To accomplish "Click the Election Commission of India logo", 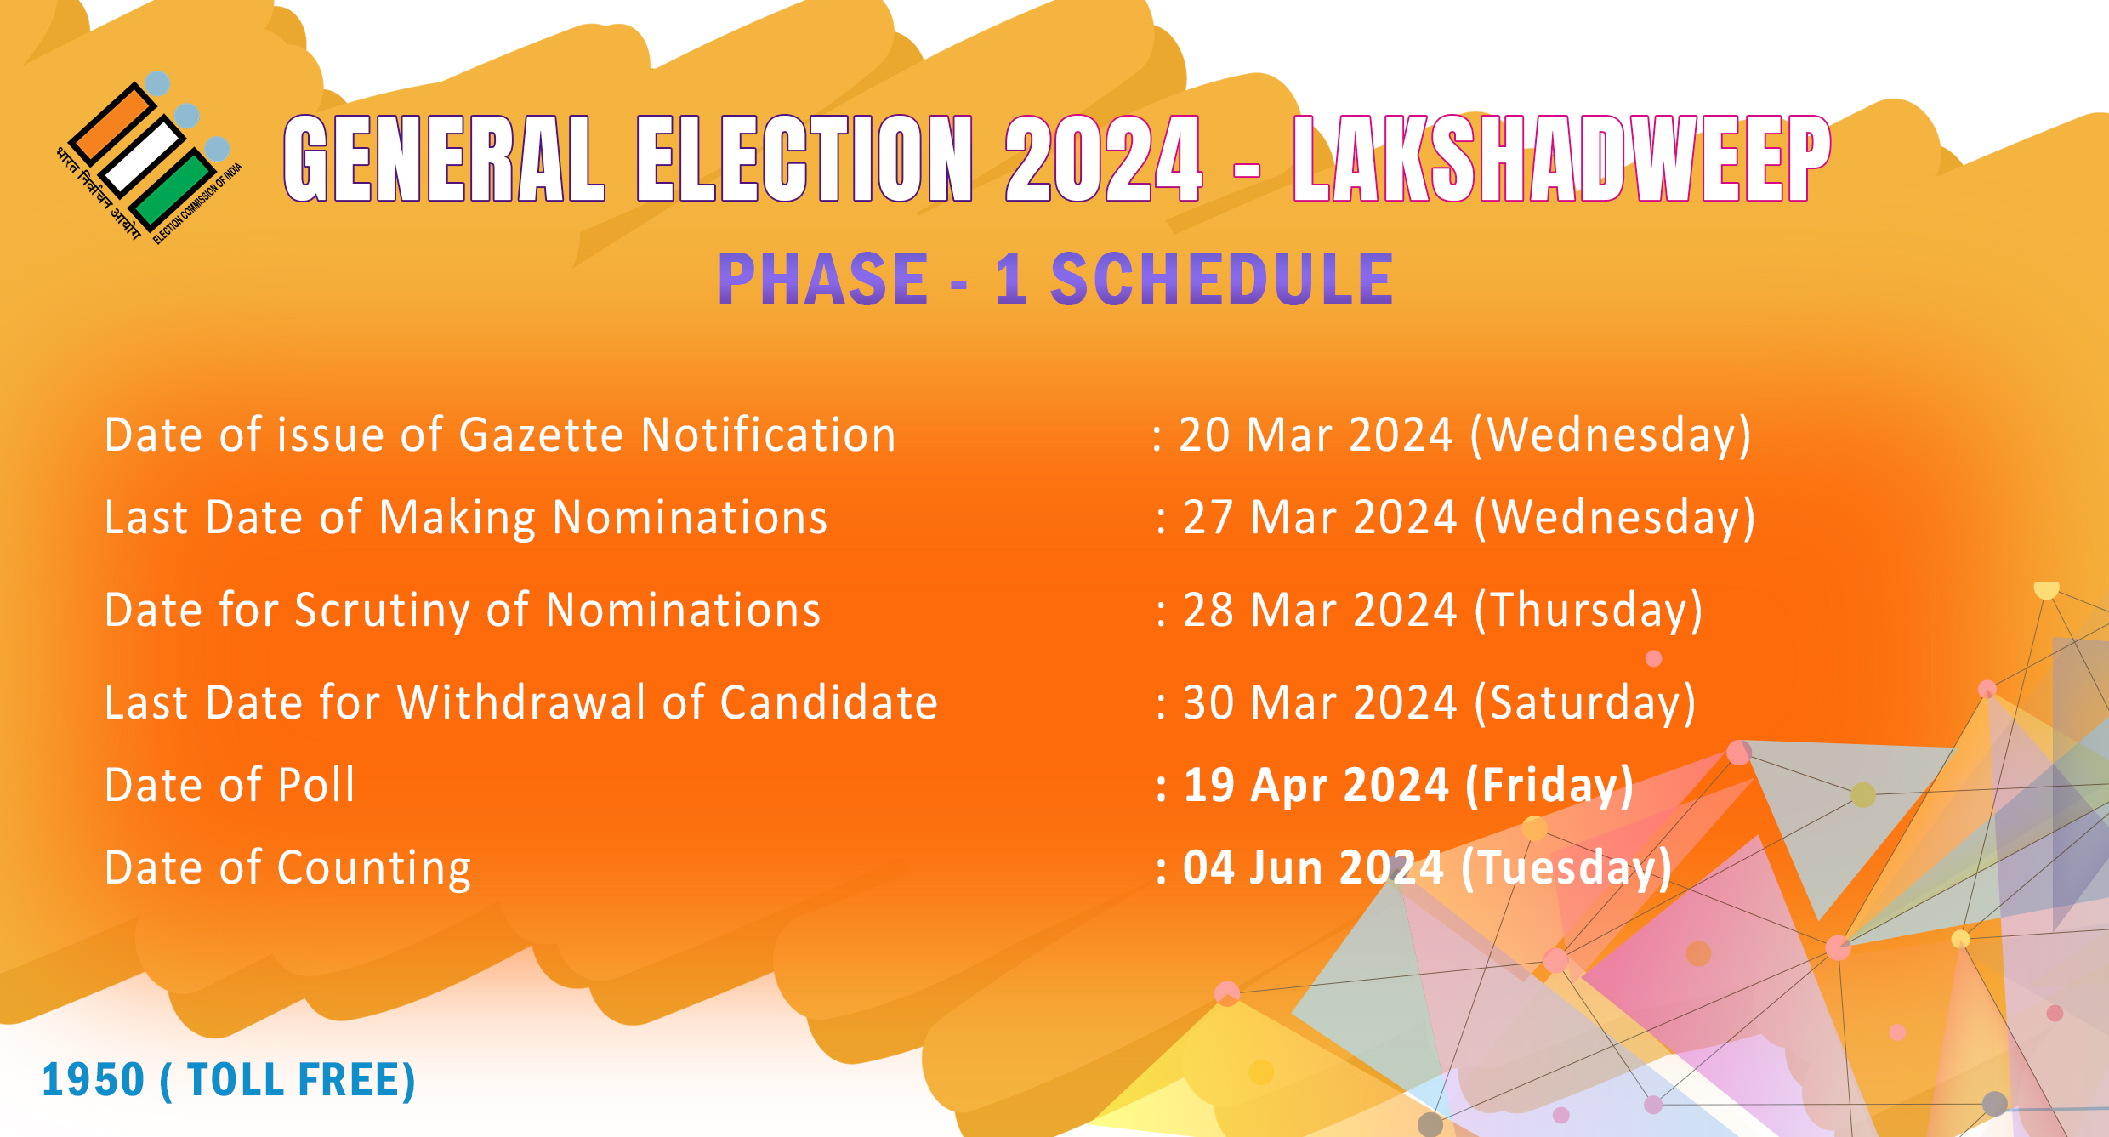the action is (150, 158).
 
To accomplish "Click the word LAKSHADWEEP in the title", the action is (1561, 159).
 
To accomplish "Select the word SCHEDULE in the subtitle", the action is (1222, 279).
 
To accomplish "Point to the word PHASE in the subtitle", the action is (822, 279).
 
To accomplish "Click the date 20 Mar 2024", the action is (1316, 435).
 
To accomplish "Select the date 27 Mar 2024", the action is (1320, 517).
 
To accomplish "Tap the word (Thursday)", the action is (1589, 611).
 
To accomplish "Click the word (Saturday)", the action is (1585, 703).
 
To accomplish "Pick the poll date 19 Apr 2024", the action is (1316, 784).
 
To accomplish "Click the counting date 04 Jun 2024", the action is (1313, 867).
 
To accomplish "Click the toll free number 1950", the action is (94, 1080).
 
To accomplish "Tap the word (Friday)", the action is (1549, 785).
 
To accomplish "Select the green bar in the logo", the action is (173, 190).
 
